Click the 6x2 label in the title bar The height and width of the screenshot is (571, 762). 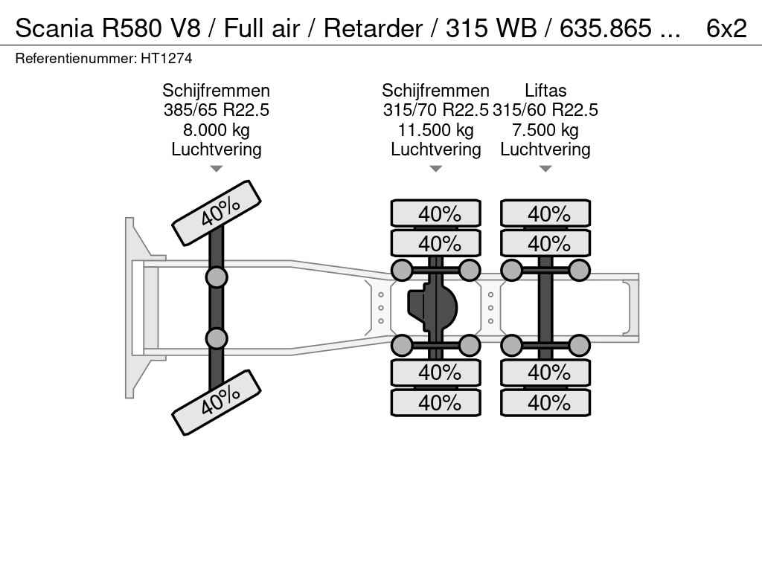pos(726,28)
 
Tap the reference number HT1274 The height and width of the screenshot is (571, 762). pos(161,58)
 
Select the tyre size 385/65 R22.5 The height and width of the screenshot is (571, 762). pos(216,110)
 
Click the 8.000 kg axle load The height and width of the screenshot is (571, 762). pos(216,130)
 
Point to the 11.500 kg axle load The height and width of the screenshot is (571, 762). pos(435,130)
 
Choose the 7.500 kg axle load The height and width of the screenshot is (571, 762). pos(545,130)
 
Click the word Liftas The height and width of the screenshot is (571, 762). pos(545,91)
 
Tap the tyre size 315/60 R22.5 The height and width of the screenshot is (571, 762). pos(545,110)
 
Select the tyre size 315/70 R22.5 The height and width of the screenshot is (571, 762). pos(435,110)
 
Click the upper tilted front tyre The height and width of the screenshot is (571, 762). pos(217,213)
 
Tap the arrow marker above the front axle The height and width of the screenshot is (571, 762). pos(216,169)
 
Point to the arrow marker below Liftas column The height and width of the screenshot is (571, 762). pos(545,169)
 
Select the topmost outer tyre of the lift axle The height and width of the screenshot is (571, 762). pos(545,214)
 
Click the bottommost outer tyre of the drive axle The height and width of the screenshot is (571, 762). pos(436,403)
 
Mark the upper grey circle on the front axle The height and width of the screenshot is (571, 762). pos(216,277)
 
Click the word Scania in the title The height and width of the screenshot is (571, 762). pos(54,28)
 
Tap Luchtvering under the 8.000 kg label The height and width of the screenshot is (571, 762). pos(216,149)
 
